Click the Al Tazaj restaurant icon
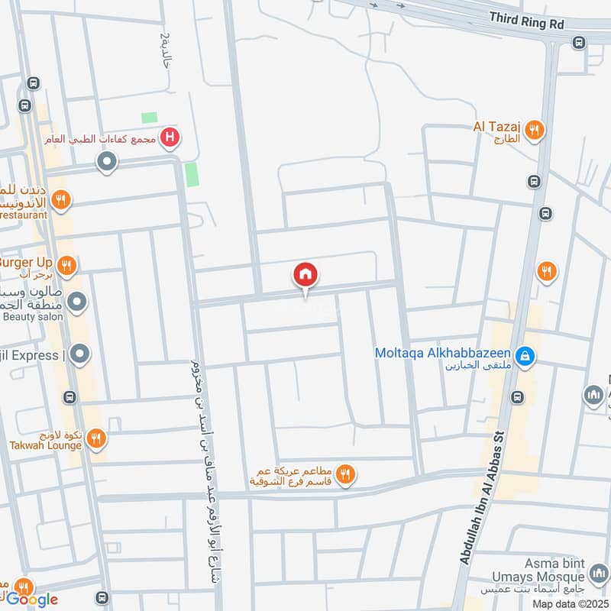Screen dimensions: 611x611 click(535, 131)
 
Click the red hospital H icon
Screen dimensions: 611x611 click(170, 137)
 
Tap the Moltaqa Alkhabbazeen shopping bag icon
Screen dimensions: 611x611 click(525, 355)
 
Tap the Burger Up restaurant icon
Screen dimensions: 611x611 click(66, 265)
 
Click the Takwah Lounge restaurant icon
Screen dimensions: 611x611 click(95, 438)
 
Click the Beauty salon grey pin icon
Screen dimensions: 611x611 click(76, 303)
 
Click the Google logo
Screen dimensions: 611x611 click(32, 600)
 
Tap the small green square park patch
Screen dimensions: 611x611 click(150, 118)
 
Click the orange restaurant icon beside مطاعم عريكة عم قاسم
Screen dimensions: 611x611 click(346, 475)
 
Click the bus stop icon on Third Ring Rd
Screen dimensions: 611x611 click(579, 43)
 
